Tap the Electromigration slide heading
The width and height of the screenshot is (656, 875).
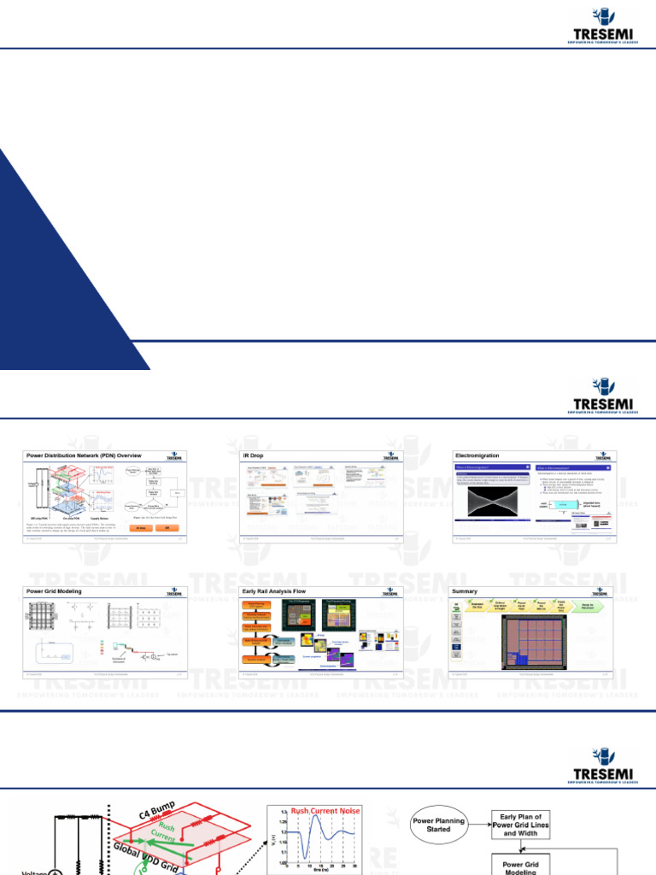478,456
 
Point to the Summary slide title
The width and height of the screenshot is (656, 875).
466,590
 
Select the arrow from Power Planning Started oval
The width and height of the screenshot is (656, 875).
479,825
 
